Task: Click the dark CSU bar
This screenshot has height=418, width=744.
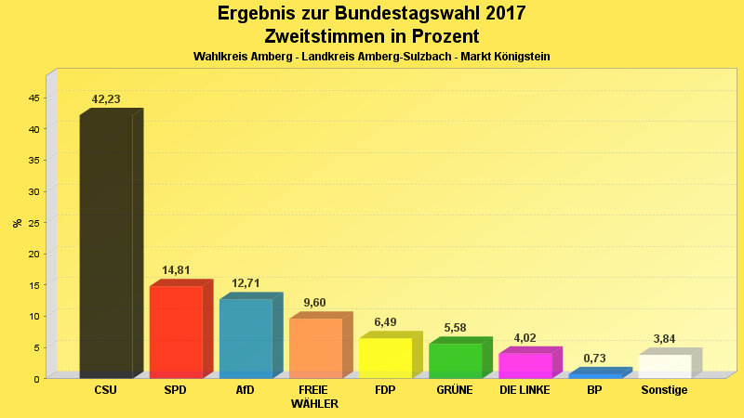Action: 106,246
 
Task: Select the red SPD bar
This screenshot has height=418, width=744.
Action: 176,332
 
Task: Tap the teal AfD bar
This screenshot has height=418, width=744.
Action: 246,338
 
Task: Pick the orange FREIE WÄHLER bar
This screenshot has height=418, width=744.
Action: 315,347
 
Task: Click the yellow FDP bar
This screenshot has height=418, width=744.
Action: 385,358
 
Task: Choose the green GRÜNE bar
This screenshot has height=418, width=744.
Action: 455,360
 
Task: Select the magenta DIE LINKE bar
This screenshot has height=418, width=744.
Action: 525,365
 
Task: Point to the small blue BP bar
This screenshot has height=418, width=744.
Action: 595,375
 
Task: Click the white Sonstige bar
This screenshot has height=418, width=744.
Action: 665,366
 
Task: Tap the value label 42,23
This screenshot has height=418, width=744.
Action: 106,99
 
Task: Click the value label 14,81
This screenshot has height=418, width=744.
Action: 176,271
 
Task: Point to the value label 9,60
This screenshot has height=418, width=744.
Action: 315,303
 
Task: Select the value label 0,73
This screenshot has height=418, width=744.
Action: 595,359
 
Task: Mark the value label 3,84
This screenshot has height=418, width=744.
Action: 665,339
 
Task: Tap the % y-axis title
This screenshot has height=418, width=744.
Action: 17,223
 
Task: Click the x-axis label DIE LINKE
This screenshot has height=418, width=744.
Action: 525,390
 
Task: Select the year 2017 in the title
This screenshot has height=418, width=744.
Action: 500,14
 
